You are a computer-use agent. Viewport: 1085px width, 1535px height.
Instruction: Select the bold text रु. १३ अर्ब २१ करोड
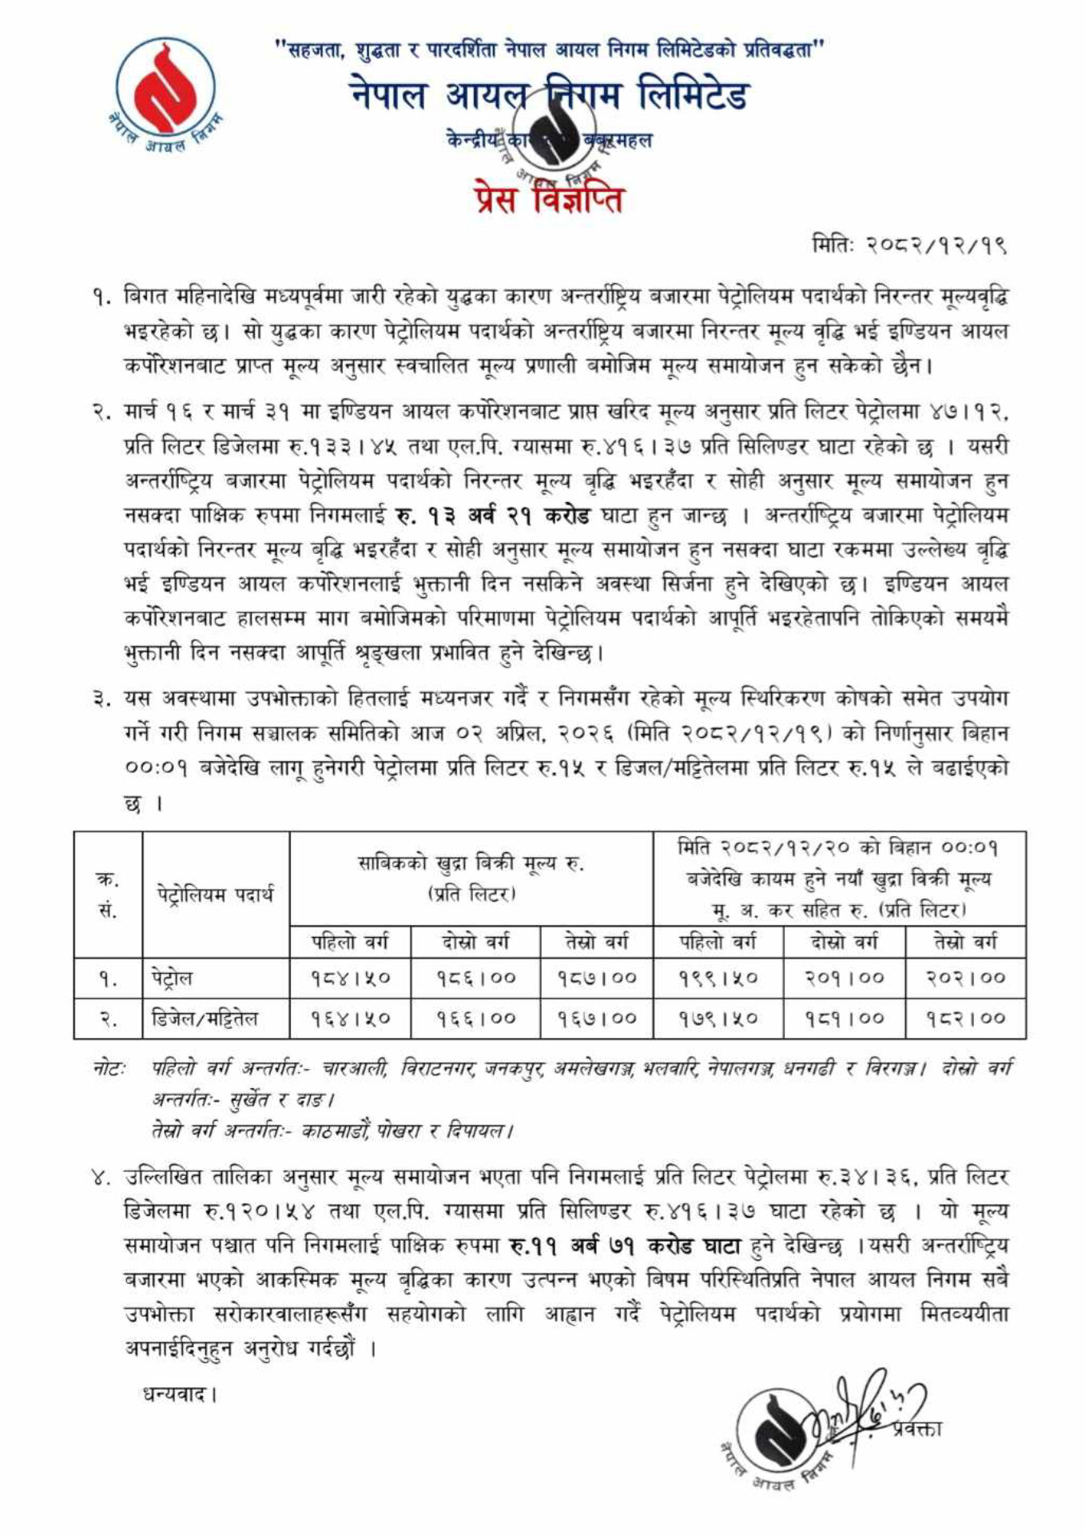pos(492,516)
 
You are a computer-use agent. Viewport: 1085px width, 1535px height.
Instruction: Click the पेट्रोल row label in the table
pos(172,978)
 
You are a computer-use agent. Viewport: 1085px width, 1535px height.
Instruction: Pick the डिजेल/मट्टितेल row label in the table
pos(205,1019)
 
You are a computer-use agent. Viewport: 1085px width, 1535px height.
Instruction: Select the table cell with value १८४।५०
pos(350,978)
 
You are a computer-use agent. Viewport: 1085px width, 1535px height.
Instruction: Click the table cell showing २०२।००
pos(965,978)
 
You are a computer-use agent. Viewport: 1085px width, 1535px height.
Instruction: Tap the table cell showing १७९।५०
pos(717,1019)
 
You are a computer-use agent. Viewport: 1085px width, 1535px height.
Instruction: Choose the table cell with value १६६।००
pos(475,1019)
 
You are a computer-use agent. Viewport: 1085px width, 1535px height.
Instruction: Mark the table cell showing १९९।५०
pos(717,978)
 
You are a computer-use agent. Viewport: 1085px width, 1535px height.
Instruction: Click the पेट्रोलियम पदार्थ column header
pos(215,894)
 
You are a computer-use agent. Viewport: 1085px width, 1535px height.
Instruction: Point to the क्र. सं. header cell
pos(107,894)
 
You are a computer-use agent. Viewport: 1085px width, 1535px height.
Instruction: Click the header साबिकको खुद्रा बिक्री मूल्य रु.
pos(471,864)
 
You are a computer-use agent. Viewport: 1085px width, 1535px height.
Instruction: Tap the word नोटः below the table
pos(108,1069)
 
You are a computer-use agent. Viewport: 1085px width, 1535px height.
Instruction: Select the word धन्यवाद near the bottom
pos(179,1396)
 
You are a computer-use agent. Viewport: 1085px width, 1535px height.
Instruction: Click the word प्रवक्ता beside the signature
pos(918,1428)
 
